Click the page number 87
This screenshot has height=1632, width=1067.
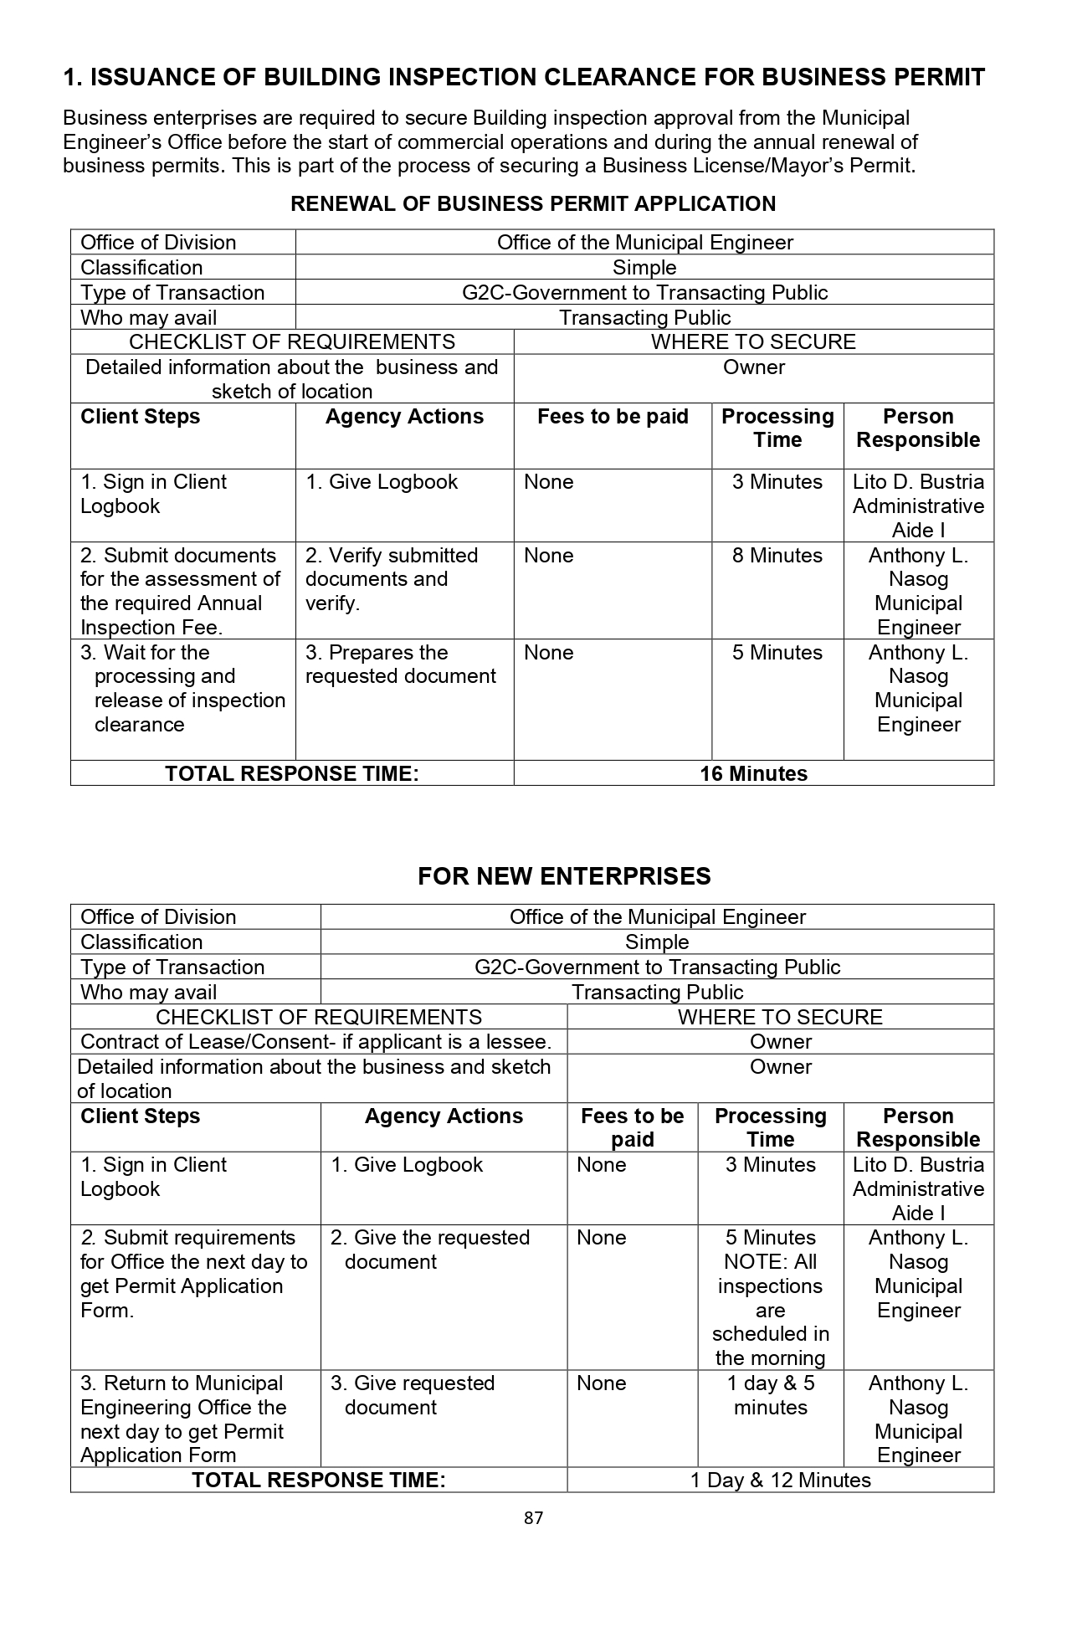coord(533,1517)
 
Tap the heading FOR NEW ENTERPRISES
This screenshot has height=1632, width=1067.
coord(564,876)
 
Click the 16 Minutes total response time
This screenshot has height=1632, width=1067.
coord(753,773)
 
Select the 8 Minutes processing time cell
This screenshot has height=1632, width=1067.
coord(777,556)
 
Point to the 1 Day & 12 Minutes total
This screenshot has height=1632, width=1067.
coord(780,1480)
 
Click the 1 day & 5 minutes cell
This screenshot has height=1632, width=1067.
coord(770,1395)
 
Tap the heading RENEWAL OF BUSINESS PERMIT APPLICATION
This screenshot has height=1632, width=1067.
coord(533,203)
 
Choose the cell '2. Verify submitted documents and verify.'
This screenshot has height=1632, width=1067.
coord(391,579)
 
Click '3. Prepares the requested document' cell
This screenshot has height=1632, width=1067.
coord(400,665)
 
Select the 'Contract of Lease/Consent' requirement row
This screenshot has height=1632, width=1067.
coord(316,1042)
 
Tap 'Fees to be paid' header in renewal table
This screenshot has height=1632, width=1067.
coord(613,417)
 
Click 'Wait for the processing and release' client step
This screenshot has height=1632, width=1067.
coord(182,688)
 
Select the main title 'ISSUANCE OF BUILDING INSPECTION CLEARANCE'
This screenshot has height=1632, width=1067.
coord(524,78)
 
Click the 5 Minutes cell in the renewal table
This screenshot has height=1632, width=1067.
coord(777,653)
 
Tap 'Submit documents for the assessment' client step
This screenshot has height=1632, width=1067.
coord(180,591)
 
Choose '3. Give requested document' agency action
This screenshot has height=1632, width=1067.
coord(412,1395)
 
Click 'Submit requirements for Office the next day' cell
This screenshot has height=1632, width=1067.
coord(193,1273)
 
